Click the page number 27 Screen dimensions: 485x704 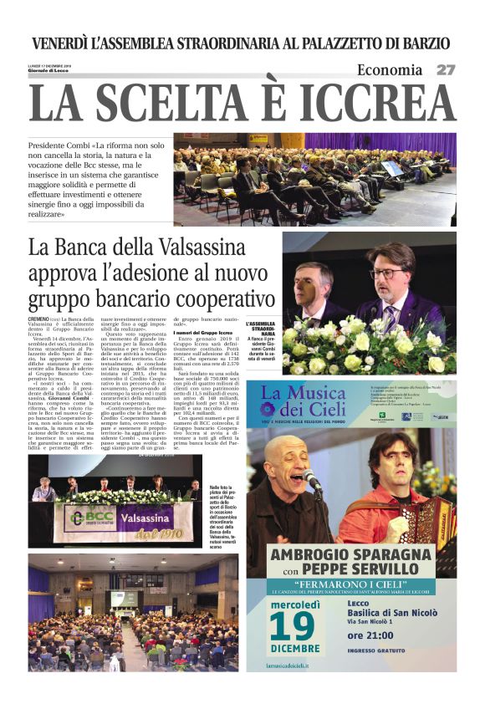click(446, 70)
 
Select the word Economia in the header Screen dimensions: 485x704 click(390, 70)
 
